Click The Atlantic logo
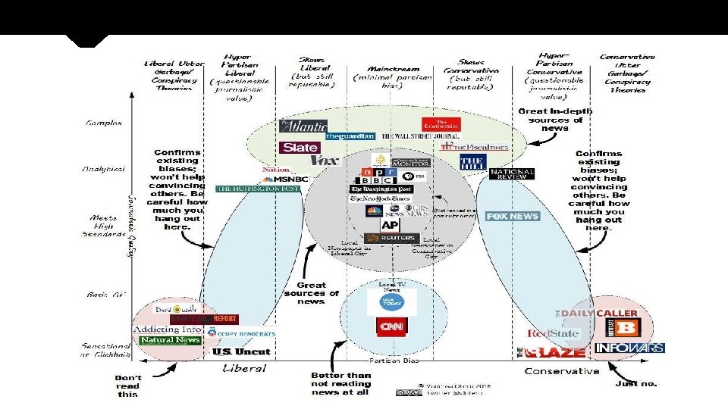click(303, 126)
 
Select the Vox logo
click(325, 161)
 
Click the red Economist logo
click(441, 124)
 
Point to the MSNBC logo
click(287, 179)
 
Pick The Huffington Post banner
click(258, 189)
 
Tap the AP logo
click(390, 225)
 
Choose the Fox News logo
click(512, 217)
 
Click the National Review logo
click(512, 173)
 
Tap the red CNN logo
click(392, 327)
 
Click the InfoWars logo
click(629, 348)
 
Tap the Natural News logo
click(170, 340)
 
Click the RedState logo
click(553, 333)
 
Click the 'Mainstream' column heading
click(388, 68)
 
